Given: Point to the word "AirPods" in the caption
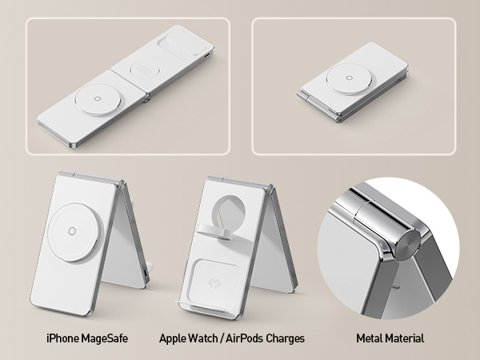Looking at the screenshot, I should tap(246, 338).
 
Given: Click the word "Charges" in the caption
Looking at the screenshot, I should tap(286, 338).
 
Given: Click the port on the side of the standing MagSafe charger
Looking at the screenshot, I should tap(144, 276).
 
